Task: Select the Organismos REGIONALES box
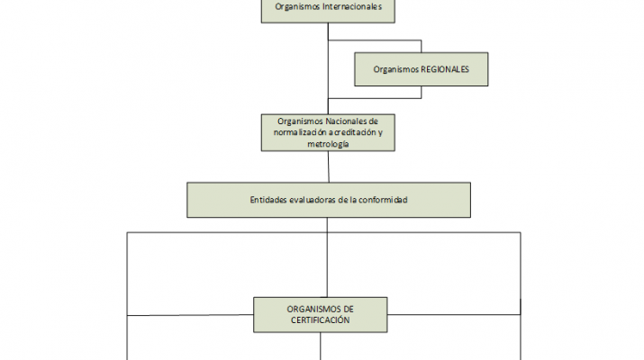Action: click(x=422, y=68)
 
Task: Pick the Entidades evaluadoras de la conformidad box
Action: click(x=328, y=200)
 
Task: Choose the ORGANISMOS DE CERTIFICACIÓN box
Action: click(x=320, y=314)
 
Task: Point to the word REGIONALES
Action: click(x=446, y=68)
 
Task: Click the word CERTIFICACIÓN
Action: click(x=320, y=319)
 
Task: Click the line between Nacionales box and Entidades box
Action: click(x=328, y=167)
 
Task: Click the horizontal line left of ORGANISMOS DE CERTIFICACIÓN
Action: click(x=189, y=315)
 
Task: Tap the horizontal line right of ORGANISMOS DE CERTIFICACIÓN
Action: click(x=454, y=314)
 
